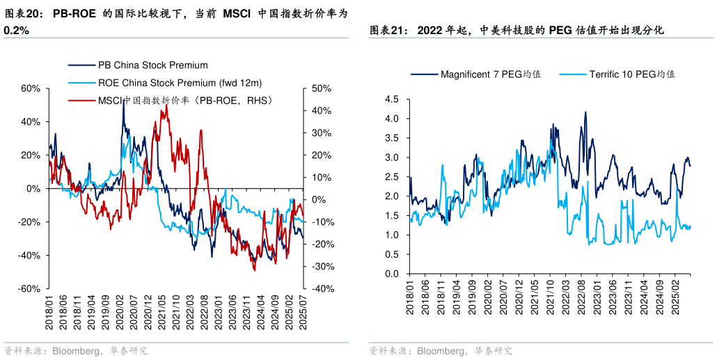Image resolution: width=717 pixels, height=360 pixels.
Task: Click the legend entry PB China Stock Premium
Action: pyautogui.click(x=152, y=65)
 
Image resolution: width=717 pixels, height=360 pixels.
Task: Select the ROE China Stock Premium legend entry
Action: pyautogui.click(x=180, y=83)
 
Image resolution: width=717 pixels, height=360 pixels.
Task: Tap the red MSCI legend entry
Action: pyautogui.click(x=184, y=100)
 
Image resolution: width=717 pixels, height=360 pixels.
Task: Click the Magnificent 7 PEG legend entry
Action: pyautogui.click(x=490, y=74)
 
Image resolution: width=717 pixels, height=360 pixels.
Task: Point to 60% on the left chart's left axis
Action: pyautogui.click(x=30, y=88)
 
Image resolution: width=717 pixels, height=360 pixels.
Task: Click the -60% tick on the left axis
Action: pyautogui.click(x=29, y=289)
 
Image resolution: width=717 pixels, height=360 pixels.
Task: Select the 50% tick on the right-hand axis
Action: pyautogui.click(x=321, y=88)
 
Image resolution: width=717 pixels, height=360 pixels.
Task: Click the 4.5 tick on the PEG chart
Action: pyautogui.click(x=391, y=100)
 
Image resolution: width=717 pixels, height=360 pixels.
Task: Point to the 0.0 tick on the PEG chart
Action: pyautogui.click(x=391, y=274)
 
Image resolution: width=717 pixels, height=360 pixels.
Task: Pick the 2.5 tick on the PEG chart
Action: pyautogui.click(x=391, y=178)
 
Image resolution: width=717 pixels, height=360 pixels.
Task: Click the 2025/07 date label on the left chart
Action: pyautogui.click(x=304, y=312)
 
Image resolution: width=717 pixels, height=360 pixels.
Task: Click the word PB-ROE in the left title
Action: pyautogui.click(x=74, y=13)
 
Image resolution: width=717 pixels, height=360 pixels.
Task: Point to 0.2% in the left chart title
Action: pyautogui.click(x=16, y=31)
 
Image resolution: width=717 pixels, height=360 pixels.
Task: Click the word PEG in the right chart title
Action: pyautogui.click(x=560, y=30)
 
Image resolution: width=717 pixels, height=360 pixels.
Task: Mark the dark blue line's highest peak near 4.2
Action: pyautogui.click(x=585, y=112)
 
